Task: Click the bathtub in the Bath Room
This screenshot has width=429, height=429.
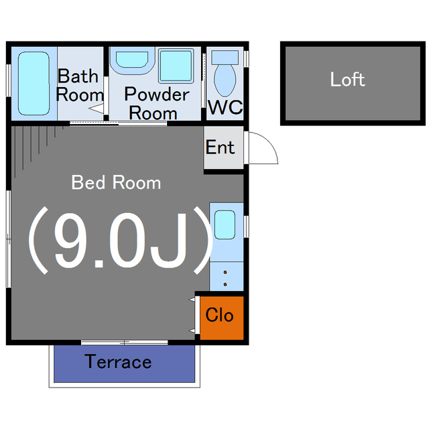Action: pos(34,83)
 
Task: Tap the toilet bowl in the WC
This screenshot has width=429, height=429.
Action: pos(225,80)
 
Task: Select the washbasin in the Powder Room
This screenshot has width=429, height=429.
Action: pos(132,60)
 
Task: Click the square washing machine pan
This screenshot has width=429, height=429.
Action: pos(176,66)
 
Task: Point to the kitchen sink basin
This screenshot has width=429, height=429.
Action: pos(225,225)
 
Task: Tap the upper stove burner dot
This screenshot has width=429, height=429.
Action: pos(225,272)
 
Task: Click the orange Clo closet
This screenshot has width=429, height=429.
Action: pos(222,318)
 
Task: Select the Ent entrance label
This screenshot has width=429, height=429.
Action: pos(220,147)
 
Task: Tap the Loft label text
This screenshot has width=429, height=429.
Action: pos(347,79)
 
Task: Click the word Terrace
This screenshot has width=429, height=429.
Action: pos(118,361)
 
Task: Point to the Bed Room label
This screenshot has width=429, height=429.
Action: pos(116,182)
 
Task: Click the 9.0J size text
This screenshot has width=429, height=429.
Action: pos(121,240)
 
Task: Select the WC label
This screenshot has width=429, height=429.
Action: pos(225,107)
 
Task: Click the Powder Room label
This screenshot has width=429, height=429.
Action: pos(156,103)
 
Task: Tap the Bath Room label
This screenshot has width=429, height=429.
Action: pos(80,85)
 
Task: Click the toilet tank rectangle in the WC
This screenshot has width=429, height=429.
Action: pos(225,58)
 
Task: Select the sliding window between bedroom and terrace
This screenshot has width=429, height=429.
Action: pos(125,343)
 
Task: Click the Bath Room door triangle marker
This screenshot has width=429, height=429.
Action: pos(97,109)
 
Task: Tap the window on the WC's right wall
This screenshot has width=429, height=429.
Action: pos(246,58)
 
